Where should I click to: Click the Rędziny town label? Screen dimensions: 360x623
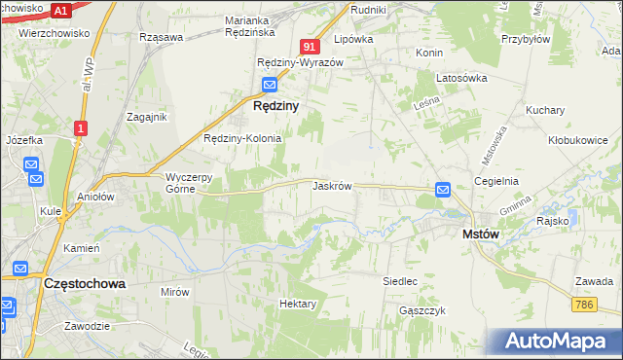(x=275, y=105)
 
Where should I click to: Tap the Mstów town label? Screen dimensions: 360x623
(x=480, y=234)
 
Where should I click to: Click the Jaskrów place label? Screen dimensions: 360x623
(x=332, y=185)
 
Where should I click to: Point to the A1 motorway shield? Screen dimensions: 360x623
(x=61, y=10)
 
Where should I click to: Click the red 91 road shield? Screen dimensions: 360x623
(x=310, y=47)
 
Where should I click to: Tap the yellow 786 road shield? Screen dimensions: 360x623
(x=584, y=306)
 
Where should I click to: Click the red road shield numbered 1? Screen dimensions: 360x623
(x=81, y=127)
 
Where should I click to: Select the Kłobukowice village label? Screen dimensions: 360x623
(x=578, y=140)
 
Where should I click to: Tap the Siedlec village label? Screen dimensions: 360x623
(x=400, y=281)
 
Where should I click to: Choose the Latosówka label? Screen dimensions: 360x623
(x=461, y=78)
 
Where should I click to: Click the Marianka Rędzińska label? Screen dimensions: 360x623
(x=259, y=25)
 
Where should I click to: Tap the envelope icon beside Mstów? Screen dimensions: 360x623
(x=443, y=190)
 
